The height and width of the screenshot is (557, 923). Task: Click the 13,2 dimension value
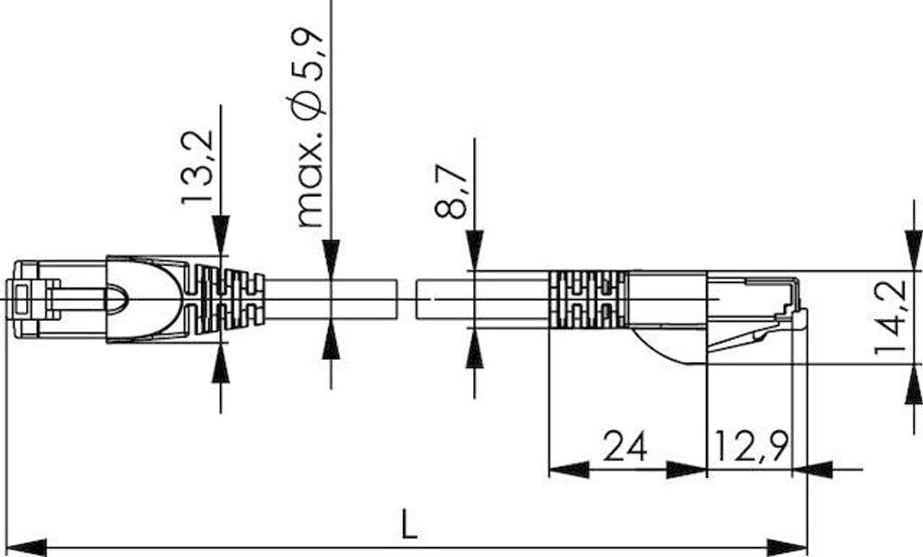click(x=197, y=167)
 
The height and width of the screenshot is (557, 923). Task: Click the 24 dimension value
click(x=626, y=445)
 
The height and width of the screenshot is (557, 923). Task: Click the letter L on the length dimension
click(x=409, y=524)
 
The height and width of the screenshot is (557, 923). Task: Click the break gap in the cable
click(x=407, y=298)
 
